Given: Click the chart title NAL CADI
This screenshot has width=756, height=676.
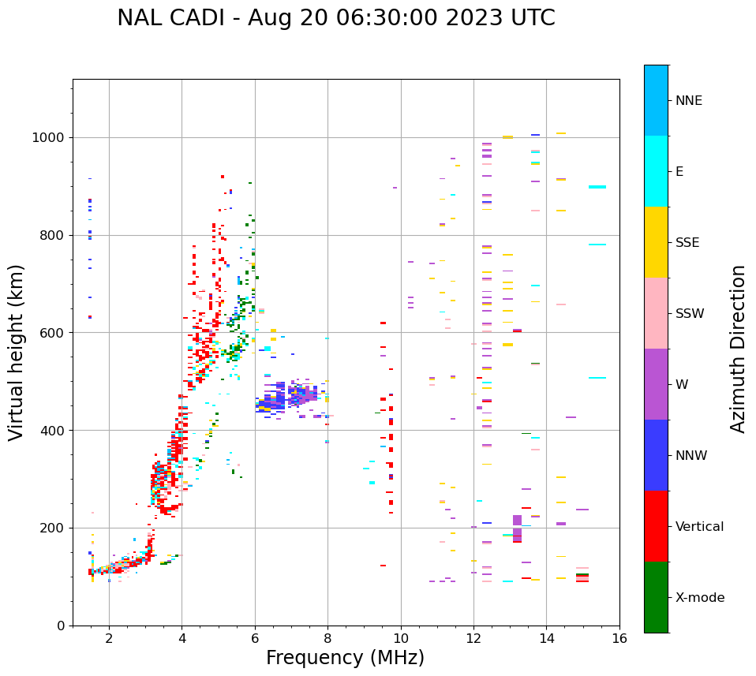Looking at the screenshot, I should click(x=335, y=18).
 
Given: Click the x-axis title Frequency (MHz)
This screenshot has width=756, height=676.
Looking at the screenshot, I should click(x=345, y=658).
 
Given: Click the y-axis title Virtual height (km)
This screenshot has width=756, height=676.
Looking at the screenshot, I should click(x=17, y=353).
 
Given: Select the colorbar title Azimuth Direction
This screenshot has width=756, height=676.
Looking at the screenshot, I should click(x=738, y=349).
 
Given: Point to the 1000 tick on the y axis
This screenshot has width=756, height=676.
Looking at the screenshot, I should click(x=51, y=137).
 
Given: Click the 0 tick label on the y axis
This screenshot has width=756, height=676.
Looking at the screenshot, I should click(x=62, y=626).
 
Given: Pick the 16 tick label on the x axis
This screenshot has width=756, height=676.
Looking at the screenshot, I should click(x=619, y=638).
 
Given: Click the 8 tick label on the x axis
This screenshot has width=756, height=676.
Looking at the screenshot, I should click(x=327, y=638).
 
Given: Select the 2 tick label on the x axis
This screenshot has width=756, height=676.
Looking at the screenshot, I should click(x=109, y=638).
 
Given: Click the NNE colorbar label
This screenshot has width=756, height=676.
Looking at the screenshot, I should click(x=688, y=101).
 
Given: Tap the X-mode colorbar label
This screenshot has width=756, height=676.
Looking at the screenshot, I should click(x=699, y=598).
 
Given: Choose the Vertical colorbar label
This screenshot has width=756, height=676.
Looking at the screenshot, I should click(x=699, y=527).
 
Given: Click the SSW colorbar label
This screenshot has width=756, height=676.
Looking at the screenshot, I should click(x=690, y=314).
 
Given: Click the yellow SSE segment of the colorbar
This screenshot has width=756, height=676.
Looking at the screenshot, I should click(x=656, y=242).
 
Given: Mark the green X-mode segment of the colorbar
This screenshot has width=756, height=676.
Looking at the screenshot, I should click(x=656, y=597).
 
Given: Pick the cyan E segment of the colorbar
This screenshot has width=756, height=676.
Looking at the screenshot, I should click(x=656, y=171).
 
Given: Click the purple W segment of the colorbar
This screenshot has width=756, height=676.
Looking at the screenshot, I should click(x=656, y=384).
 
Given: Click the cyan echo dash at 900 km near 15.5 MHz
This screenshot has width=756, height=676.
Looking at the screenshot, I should click(x=597, y=187).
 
